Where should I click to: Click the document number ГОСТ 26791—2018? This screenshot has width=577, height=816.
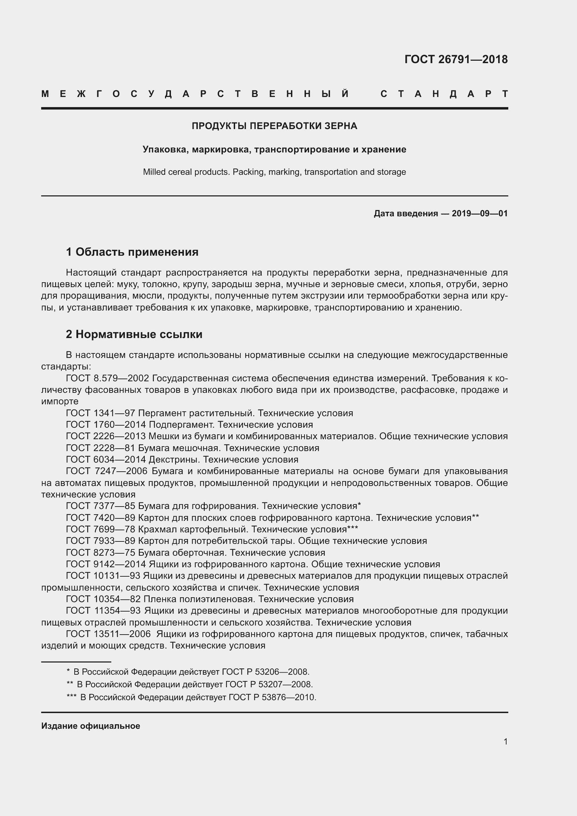[x=456, y=59]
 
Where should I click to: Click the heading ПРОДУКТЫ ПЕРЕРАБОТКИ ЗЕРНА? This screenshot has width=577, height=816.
[x=274, y=126]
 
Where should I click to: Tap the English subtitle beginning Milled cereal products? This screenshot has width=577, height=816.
[x=274, y=172]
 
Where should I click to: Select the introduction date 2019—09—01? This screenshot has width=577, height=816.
[x=479, y=214]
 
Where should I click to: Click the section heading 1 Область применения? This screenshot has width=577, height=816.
[x=132, y=252]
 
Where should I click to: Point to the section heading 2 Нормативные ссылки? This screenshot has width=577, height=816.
[x=134, y=334]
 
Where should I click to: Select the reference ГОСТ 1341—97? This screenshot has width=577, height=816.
[x=100, y=413]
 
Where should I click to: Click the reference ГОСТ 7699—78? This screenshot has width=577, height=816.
[x=100, y=529]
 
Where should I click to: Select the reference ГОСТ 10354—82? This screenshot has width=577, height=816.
[x=103, y=599]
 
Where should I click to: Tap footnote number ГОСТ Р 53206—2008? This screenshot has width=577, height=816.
[x=265, y=672]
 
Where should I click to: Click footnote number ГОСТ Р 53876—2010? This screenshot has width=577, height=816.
[x=272, y=697]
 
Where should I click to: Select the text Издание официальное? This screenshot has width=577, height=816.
[x=91, y=726]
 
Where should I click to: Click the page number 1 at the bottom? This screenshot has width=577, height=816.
[x=505, y=741]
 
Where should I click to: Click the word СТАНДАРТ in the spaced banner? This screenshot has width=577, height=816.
[x=444, y=94]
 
